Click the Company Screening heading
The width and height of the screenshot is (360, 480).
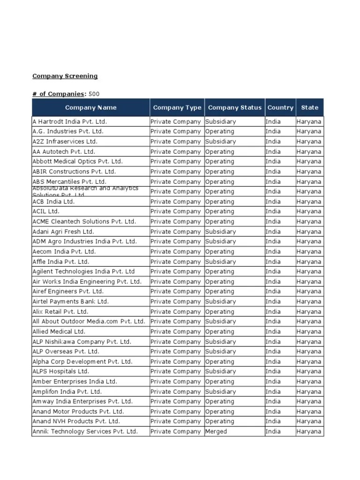pyautogui.click(x=65, y=76)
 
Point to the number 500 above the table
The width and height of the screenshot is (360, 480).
pyautogui.click(x=94, y=94)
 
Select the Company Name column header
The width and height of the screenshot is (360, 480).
pyautogui.click(x=90, y=107)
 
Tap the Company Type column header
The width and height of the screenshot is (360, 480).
pyautogui.click(x=177, y=107)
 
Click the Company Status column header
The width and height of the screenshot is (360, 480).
pyautogui.click(x=234, y=107)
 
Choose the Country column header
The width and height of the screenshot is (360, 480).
pyautogui.click(x=280, y=107)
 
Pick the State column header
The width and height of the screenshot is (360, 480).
pyautogui.click(x=309, y=107)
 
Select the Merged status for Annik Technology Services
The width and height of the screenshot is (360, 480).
pyautogui.click(x=216, y=431)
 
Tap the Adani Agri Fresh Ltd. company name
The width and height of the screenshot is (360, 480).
pyautogui.click(x=63, y=232)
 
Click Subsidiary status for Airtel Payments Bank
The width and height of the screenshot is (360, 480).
pyautogui.click(x=220, y=301)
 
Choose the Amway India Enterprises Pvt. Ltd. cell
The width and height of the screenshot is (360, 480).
pyautogui.click(x=82, y=401)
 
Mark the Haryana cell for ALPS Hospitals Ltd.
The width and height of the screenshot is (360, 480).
pyautogui.click(x=309, y=371)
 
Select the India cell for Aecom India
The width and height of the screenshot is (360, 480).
pyautogui.click(x=273, y=252)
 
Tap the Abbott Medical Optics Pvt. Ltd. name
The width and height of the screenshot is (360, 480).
pyautogui.click(x=77, y=161)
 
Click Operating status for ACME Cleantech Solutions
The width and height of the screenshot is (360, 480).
pyautogui.click(x=219, y=221)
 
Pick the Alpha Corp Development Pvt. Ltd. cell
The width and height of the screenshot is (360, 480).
pyautogui.click(x=82, y=361)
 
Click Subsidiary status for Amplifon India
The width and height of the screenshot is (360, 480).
pyautogui.click(x=220, y=391)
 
